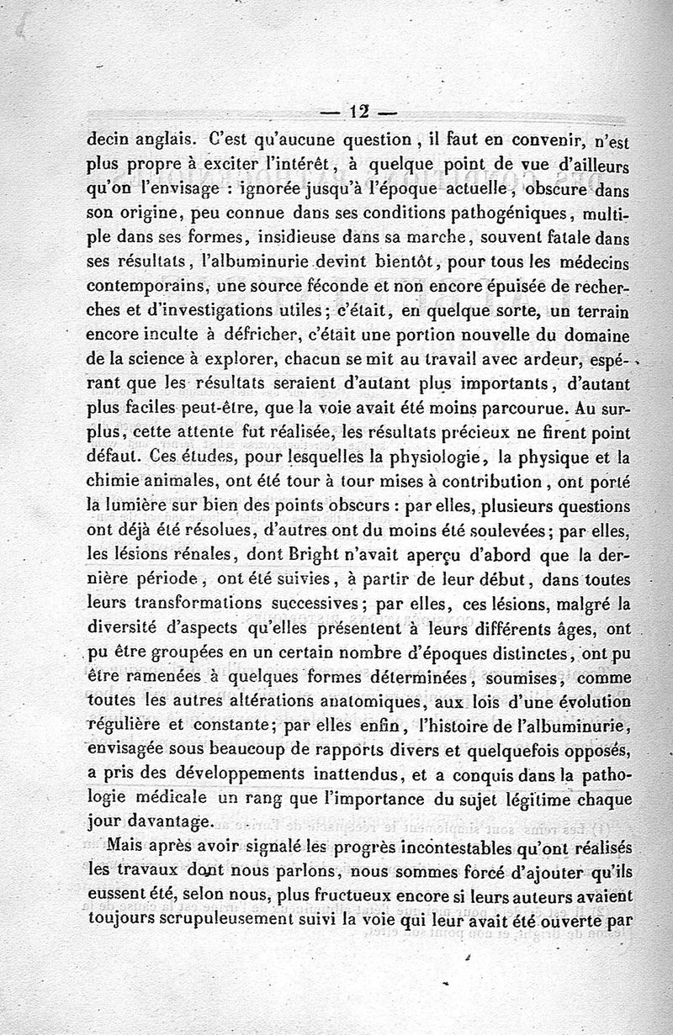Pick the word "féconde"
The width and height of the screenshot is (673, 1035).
point(307,288)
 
